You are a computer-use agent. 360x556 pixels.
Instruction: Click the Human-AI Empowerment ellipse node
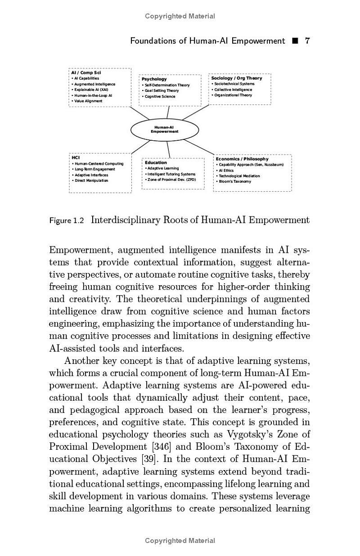pos(164,130)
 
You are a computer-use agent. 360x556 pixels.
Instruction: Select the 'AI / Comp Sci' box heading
pos(86,72)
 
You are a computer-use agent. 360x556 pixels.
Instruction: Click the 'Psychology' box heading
pos(154,79)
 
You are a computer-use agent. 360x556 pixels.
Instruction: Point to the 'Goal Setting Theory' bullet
pos(162,90)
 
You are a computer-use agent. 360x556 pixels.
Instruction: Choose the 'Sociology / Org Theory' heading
pos(237,78)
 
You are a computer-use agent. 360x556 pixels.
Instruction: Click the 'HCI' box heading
pos(76,157)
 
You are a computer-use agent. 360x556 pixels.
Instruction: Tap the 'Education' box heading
pos(156,162)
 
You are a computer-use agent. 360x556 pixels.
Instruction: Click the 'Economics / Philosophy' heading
pos(242,159)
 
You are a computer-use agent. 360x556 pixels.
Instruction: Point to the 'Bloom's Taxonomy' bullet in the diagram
pos(235,182)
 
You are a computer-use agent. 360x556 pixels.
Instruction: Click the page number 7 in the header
pos(307,41)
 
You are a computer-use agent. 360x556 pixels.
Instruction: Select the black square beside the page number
pos(295,41)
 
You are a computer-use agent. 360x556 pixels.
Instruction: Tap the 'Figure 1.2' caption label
pos(67,220)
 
